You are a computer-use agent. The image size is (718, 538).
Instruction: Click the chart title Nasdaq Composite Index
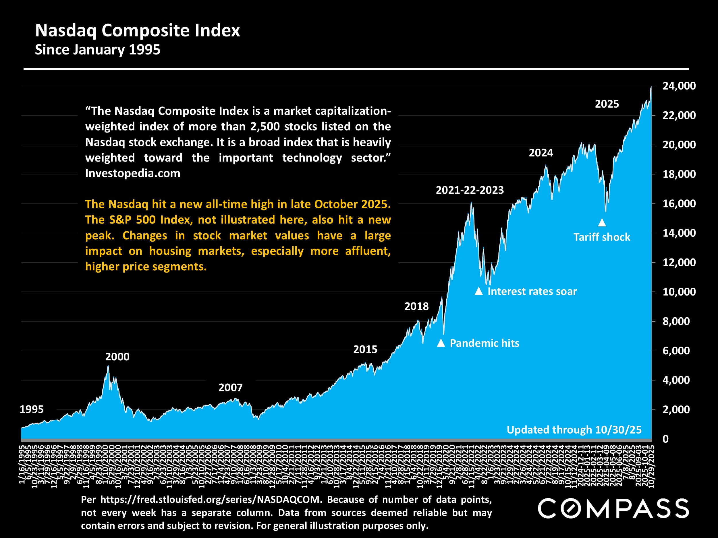pos(137,30)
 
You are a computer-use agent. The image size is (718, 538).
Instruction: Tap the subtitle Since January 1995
pos(97,50)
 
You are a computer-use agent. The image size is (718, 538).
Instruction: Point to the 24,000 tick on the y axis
pos(679,86)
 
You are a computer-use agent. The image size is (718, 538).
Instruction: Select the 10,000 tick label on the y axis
pos(679,292)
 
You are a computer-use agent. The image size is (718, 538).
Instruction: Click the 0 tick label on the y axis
pos(666,439)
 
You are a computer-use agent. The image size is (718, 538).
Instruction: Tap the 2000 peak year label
pos(117,357)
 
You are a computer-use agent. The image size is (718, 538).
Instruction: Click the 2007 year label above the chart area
pos(230,388)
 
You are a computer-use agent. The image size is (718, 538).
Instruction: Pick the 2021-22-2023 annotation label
pos(470,190)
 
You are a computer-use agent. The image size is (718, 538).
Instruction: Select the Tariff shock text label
pos(602,237)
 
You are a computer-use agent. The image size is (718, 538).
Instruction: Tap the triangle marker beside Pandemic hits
pos(441,343)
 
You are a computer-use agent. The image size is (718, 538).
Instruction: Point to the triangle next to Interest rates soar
pos(479,291)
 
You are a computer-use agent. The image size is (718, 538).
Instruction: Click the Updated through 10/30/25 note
pos(574,430)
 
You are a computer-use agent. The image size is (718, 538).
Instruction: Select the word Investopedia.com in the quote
pos(132,173)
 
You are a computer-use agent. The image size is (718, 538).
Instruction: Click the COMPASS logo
pos(613,508)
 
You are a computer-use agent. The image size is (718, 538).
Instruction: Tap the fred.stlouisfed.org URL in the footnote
pos(211,500)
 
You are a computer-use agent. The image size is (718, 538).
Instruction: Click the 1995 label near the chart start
pos(32,409)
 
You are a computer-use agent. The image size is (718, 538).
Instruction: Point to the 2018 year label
pos(416,306)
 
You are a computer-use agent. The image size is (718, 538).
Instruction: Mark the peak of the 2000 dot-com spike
pos(108,366)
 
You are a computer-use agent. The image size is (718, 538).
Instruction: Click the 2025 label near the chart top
pos(607,104)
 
